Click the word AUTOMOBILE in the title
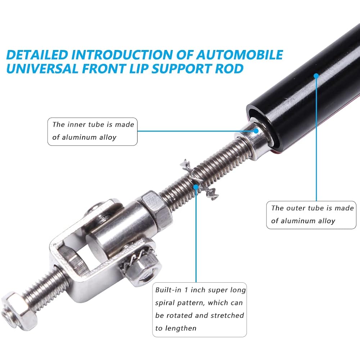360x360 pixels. (239, 55)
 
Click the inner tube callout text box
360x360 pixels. (93, 131)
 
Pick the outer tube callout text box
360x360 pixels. (312, 215)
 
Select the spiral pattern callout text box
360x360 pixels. (199, 309)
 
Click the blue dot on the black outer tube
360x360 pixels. (316, 76)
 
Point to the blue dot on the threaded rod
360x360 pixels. (196, 186)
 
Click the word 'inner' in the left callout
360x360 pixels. (77, 125)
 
